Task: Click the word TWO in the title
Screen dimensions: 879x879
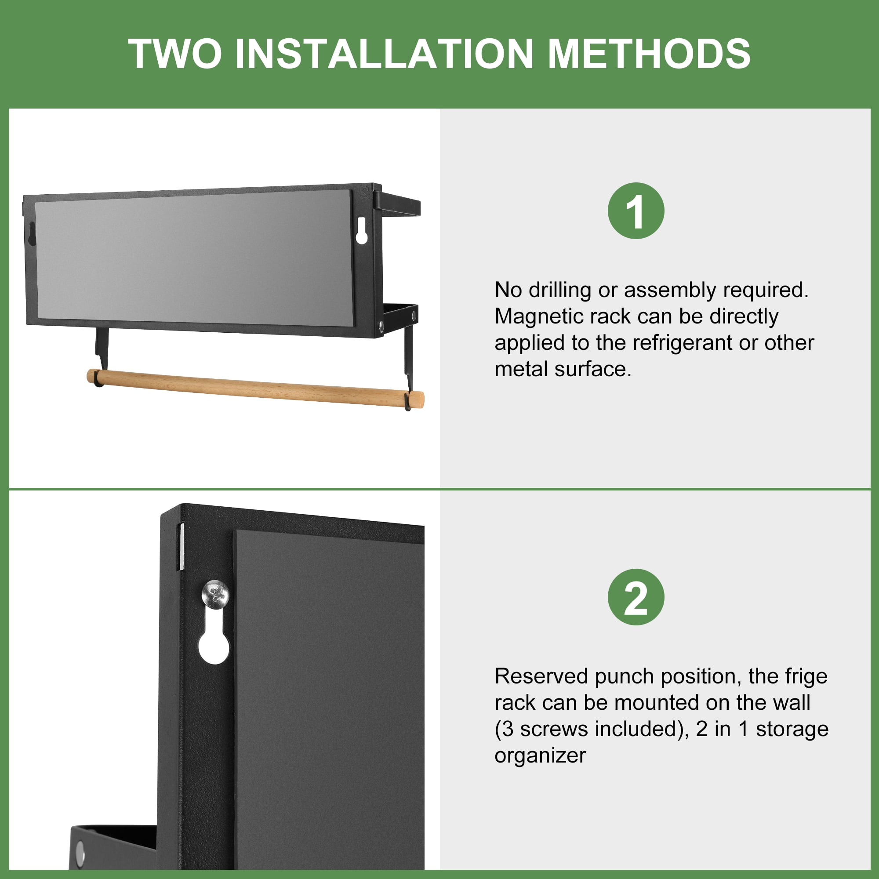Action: [176, 54]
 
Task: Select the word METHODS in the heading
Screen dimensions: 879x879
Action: [649, 54]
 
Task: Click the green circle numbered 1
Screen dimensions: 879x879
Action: [636, 211]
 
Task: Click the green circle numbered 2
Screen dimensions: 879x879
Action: [636, 597]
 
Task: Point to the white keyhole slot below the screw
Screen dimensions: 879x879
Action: [214, 636]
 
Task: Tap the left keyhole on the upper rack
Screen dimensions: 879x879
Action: [32, 234]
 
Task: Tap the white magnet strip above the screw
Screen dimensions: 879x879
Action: [182, 546]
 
